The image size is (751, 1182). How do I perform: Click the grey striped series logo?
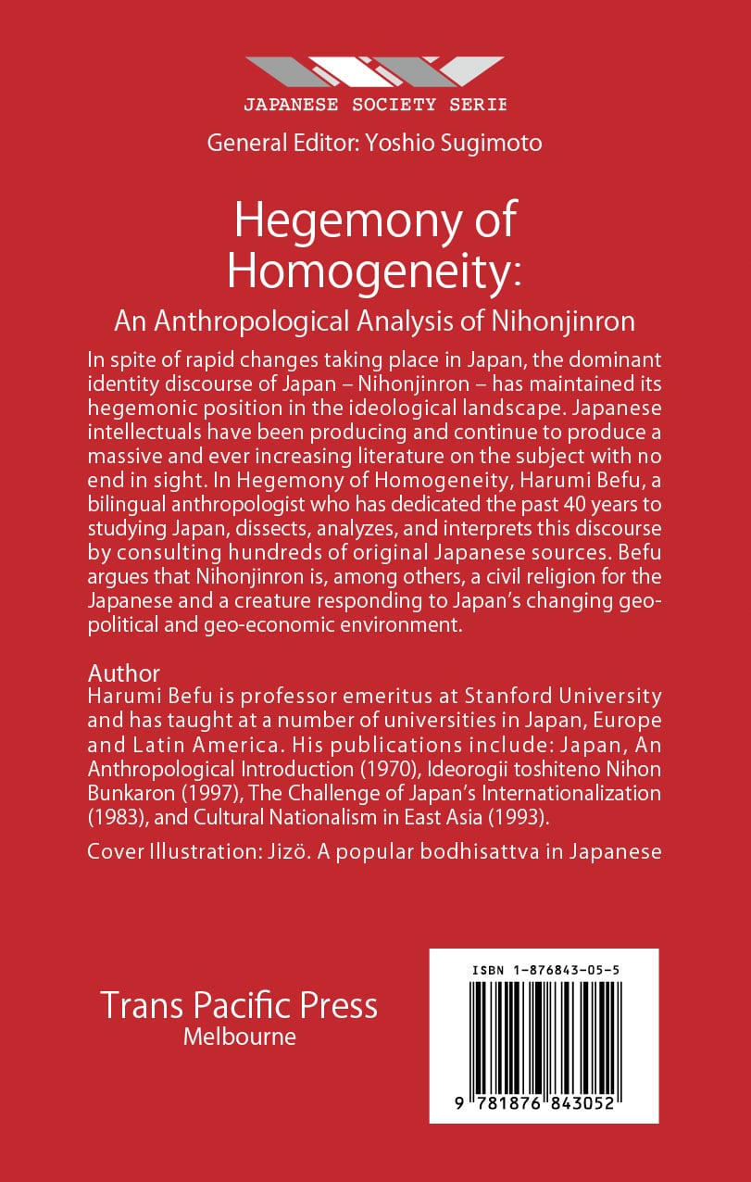pyautogui.click(x=375, y=72)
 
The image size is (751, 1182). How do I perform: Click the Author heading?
pyautogui.click(x=123, y=673)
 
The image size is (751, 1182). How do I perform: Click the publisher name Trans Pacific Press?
pyautogui.click(x=239, y=1005)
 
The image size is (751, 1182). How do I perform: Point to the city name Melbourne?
pyautogui.click(x=239, y=1037)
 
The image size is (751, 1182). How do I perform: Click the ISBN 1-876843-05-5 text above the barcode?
pyautogui.click(x=544, y=969)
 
